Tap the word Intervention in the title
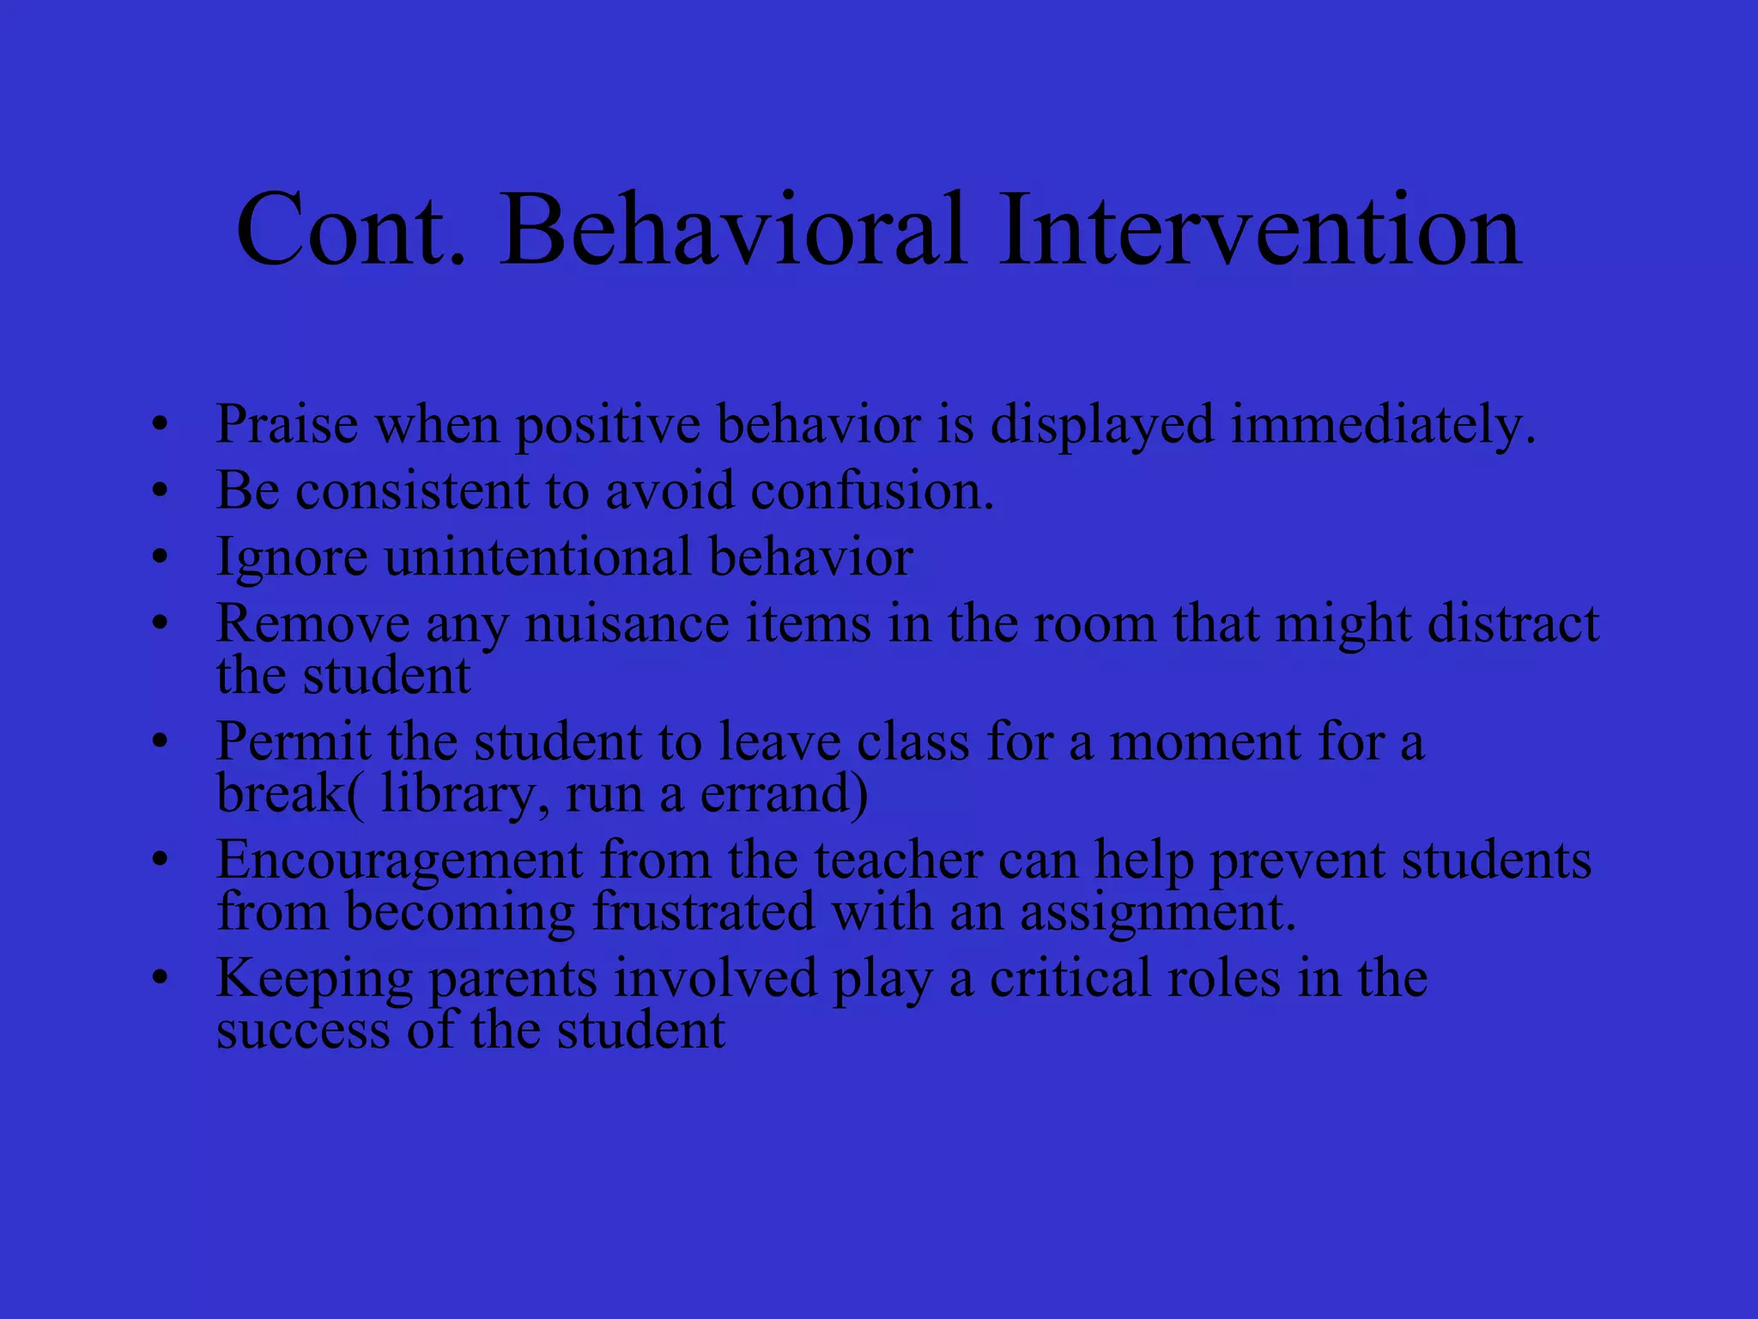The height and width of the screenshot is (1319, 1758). click(x=1259, y=230)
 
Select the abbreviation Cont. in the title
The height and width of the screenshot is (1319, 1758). click(x=352, y=230)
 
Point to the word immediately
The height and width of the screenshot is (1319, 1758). click(x=1383, y=426)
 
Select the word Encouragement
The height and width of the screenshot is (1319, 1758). click(x=400, y=861)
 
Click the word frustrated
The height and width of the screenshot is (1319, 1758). click(x=703, y=912)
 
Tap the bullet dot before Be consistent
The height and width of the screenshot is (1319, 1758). click(x=159, y=491)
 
